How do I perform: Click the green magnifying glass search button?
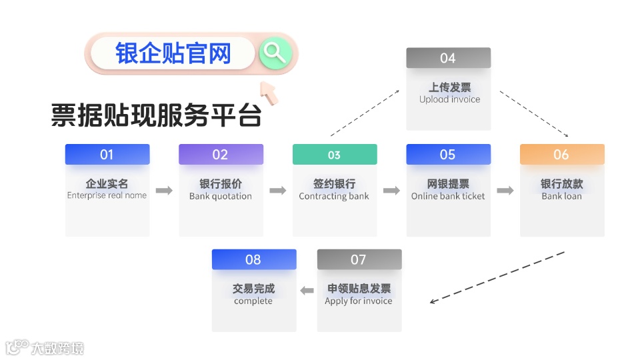(x=275, y=53)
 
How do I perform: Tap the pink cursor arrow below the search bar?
(x=270, y=93)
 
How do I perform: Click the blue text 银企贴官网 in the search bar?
(x=173, y=53)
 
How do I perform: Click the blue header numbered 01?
(x=107, y=155)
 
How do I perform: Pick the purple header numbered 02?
(x=221, y=155)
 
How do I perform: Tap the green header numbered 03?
(x=335, y=155)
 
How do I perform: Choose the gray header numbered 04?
(x=448, y=58)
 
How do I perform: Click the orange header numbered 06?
(x=562, y=155)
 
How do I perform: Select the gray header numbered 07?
(x=359, y=259)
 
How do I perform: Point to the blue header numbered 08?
(x=253, y=259)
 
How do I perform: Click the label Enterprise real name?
(x=107, y=196)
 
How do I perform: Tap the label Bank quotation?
(x=221, y=197)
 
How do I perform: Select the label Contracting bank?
(x=334, y=197)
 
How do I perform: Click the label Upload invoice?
(x=449, y=99)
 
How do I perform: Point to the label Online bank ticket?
(x=448, y=197)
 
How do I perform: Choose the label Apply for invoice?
(x=359, y=301)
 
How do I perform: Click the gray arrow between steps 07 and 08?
(x=307, y=291)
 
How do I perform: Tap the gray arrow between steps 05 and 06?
(x=505, y=191)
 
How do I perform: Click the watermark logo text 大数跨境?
(x=57, y=348)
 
